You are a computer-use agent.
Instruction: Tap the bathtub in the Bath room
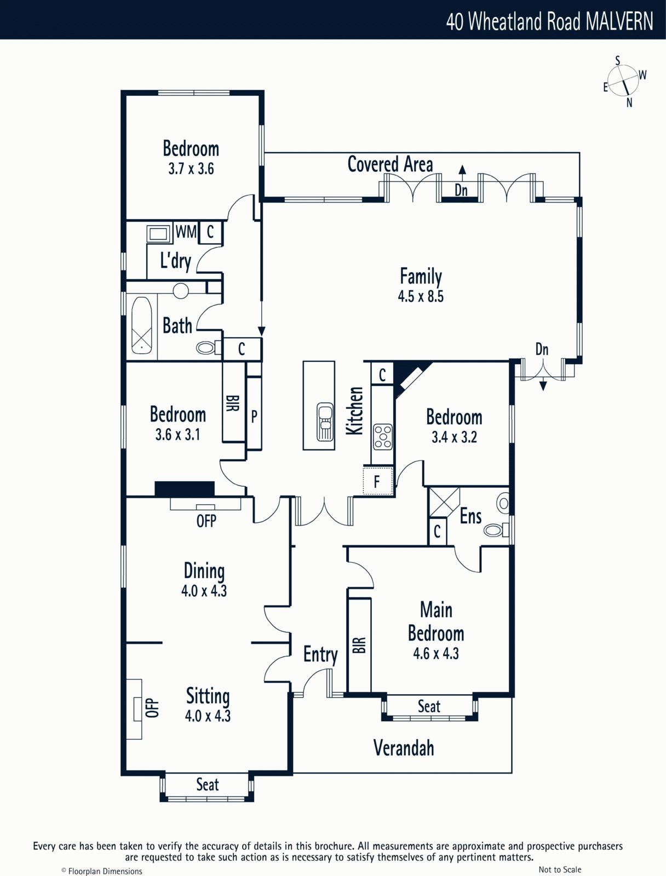coord(142,325)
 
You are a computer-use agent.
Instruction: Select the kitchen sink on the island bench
coord(325,422)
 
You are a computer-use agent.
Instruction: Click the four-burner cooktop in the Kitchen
coord(383,437)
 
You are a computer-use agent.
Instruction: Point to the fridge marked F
coord(377,481)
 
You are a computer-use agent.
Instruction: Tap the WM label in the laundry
coord(186,232)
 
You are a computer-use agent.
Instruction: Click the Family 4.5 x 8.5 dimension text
coord(421,297)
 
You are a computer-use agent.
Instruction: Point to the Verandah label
coord(404,748)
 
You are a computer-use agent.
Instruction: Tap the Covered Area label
coord(390,164)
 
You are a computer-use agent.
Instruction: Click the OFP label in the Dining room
coord(206,521)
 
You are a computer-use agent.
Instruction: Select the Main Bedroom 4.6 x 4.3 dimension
coord(436,654)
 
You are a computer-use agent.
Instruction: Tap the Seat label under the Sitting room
coord(208,784)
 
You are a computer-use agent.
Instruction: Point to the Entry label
coord(320,654)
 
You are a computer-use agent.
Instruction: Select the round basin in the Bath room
coord(181,291)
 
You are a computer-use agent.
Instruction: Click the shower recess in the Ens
coord(443,502)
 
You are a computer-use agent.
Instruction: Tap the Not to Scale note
coord(560,869)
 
